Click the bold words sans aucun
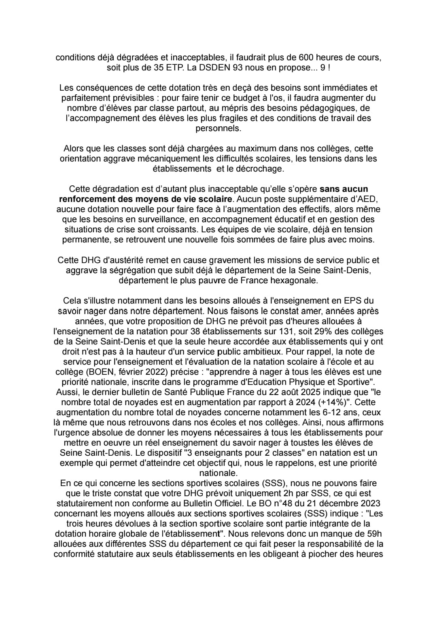[x=344, y=189]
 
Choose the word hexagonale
[x=297, y=280]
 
